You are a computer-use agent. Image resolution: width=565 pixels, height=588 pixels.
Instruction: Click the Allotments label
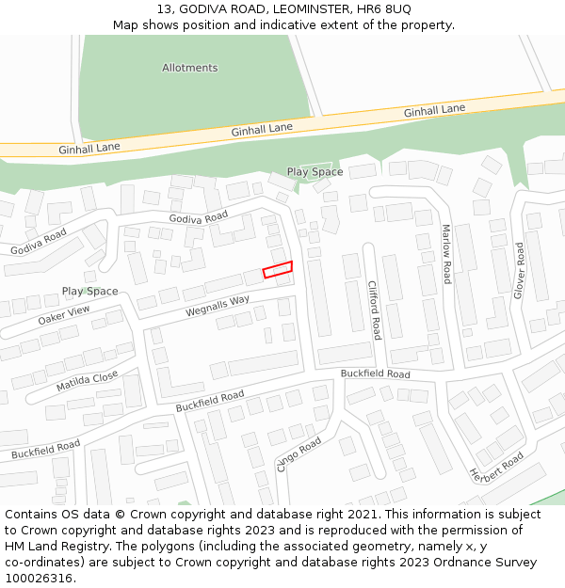click(189, 68)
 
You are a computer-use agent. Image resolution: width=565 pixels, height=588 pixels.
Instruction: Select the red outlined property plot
click(278, 270)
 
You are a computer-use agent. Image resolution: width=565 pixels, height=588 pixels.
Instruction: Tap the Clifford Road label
click(374, 310)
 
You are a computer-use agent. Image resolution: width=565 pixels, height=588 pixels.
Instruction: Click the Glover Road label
click(518, 270)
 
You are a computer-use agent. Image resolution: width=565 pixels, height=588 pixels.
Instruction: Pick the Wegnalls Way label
click(218, 305)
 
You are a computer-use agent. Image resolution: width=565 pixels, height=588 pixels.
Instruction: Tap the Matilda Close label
click(87, 381)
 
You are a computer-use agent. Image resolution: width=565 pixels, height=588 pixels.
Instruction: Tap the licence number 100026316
click(37, 579)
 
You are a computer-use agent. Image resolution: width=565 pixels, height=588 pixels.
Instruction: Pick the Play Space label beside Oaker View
click(90, 292)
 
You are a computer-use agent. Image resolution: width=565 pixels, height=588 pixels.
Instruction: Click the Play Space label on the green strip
click(315, 172)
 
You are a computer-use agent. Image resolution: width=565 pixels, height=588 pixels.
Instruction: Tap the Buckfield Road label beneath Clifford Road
click(375, 373)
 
